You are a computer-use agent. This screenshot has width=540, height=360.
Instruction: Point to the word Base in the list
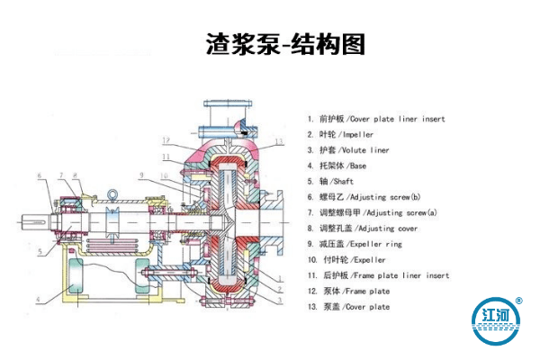click(355, 166)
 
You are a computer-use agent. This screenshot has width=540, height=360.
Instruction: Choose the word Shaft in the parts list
click(346, 182)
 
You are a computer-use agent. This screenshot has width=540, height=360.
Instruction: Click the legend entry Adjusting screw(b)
click(382, 197)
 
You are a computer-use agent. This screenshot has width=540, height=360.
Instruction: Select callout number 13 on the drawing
click(280, 141)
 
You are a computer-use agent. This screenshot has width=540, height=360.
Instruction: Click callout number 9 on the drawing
click(141, 174)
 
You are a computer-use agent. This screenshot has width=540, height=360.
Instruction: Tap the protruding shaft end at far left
click(29, 220)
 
